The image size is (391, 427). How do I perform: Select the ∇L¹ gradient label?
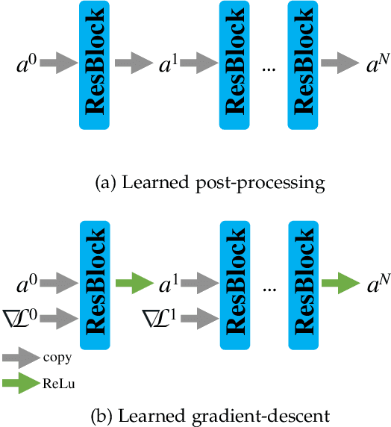160,320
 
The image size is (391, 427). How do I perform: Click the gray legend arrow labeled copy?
22,358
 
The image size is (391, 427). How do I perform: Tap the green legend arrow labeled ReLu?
22,383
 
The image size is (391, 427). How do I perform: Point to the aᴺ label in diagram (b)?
374,284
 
